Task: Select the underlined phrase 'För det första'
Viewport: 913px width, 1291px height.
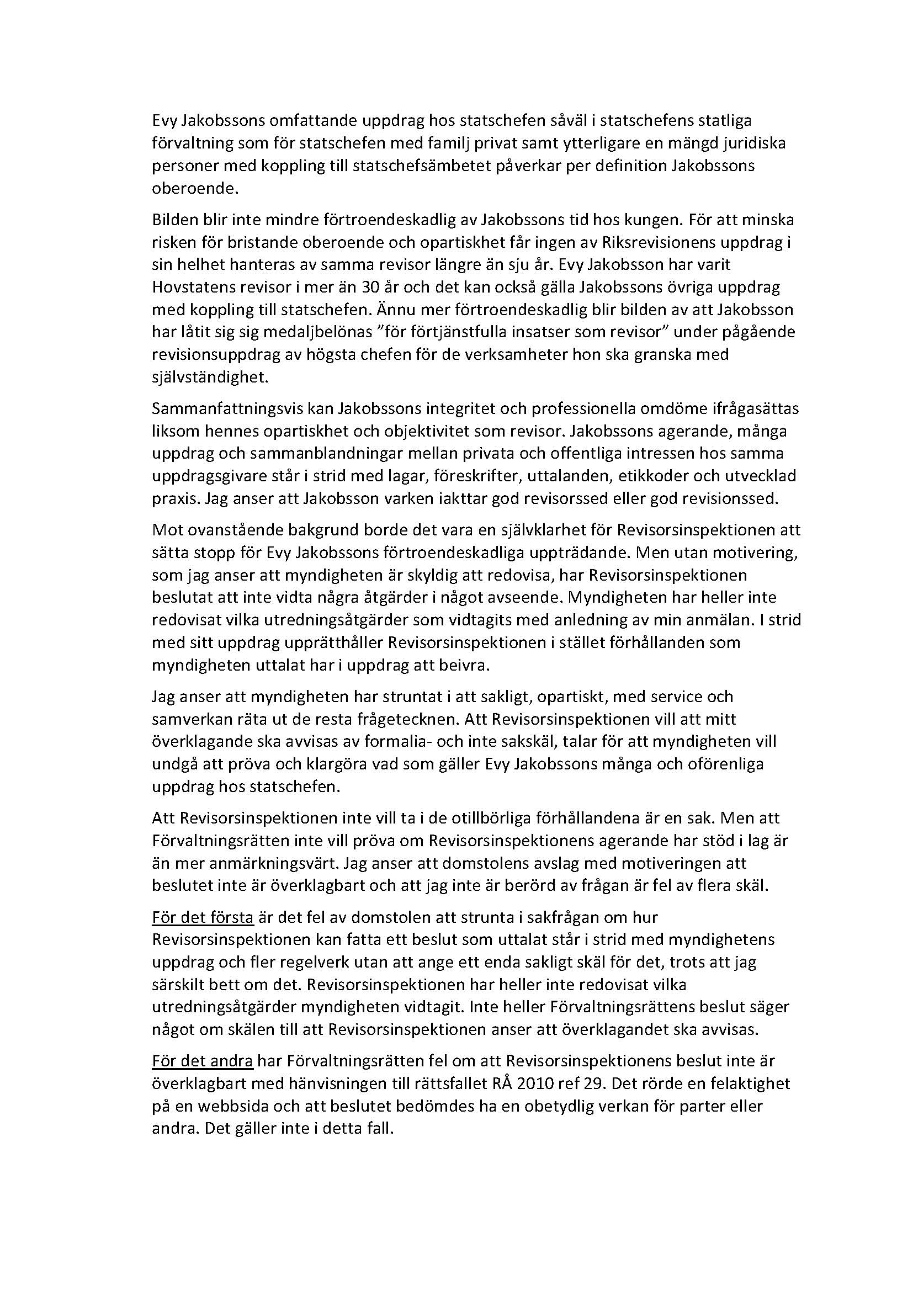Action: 203,918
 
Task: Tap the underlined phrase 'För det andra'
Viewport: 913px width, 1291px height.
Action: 204,1061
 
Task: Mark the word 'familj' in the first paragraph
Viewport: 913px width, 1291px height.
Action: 429,144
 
